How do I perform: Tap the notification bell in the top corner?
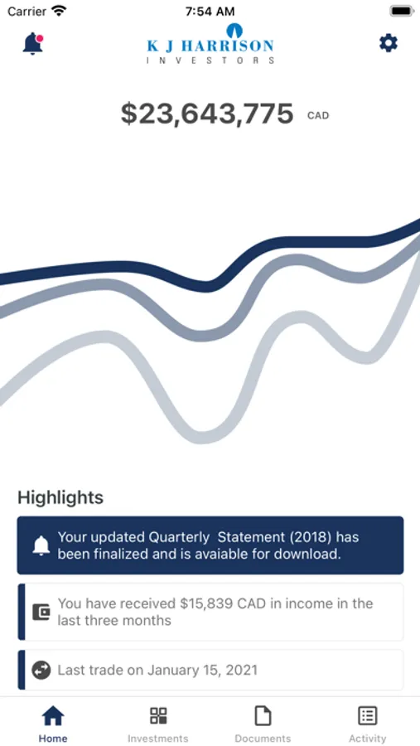click(x=32, y=44)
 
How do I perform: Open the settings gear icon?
click(x=389, y=43)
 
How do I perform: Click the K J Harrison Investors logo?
click(x=210, y=43)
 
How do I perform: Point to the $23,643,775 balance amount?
click(x=207, y=114)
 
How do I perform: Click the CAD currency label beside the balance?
click(x=318, y=115)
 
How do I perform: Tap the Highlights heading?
click(x=60, y=497)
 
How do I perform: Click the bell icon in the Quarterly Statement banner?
click(x=41, y=545)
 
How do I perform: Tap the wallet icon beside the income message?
click(x=41, y=612)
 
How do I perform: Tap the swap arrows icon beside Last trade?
click(x=41, y=671)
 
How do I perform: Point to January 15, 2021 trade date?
click(x=202, y=671)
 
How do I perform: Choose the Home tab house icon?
click(x=53, y=715)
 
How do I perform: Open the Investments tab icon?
click(x=158, y=715)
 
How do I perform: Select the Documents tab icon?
click(x=263, y=715)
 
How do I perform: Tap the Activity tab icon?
click(x=368, y=715)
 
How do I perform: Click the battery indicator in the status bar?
click(x=402, y=11)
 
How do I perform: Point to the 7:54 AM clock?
click(x=210, y=11)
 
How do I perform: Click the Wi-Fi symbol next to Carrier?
click(x=59, y=11)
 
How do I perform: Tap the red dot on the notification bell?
click(x=40, y=38)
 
